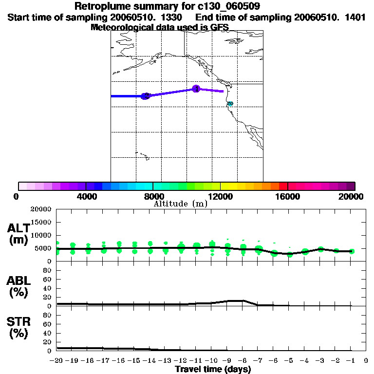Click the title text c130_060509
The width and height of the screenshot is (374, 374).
pos(222,6)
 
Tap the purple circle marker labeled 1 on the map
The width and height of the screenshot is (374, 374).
pos(196,89)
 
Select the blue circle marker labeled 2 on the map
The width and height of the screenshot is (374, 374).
pos(145,96)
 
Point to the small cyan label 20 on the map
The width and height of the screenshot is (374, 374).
pos(230,103)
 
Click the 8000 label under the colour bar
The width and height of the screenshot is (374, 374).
pos(153,197)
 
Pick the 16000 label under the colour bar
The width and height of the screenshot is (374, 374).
pos(288,197)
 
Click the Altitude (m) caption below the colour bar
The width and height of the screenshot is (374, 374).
pos(181,204)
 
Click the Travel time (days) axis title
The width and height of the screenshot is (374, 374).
pos(213,369)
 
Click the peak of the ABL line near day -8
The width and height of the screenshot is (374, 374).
pos(237,300)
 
